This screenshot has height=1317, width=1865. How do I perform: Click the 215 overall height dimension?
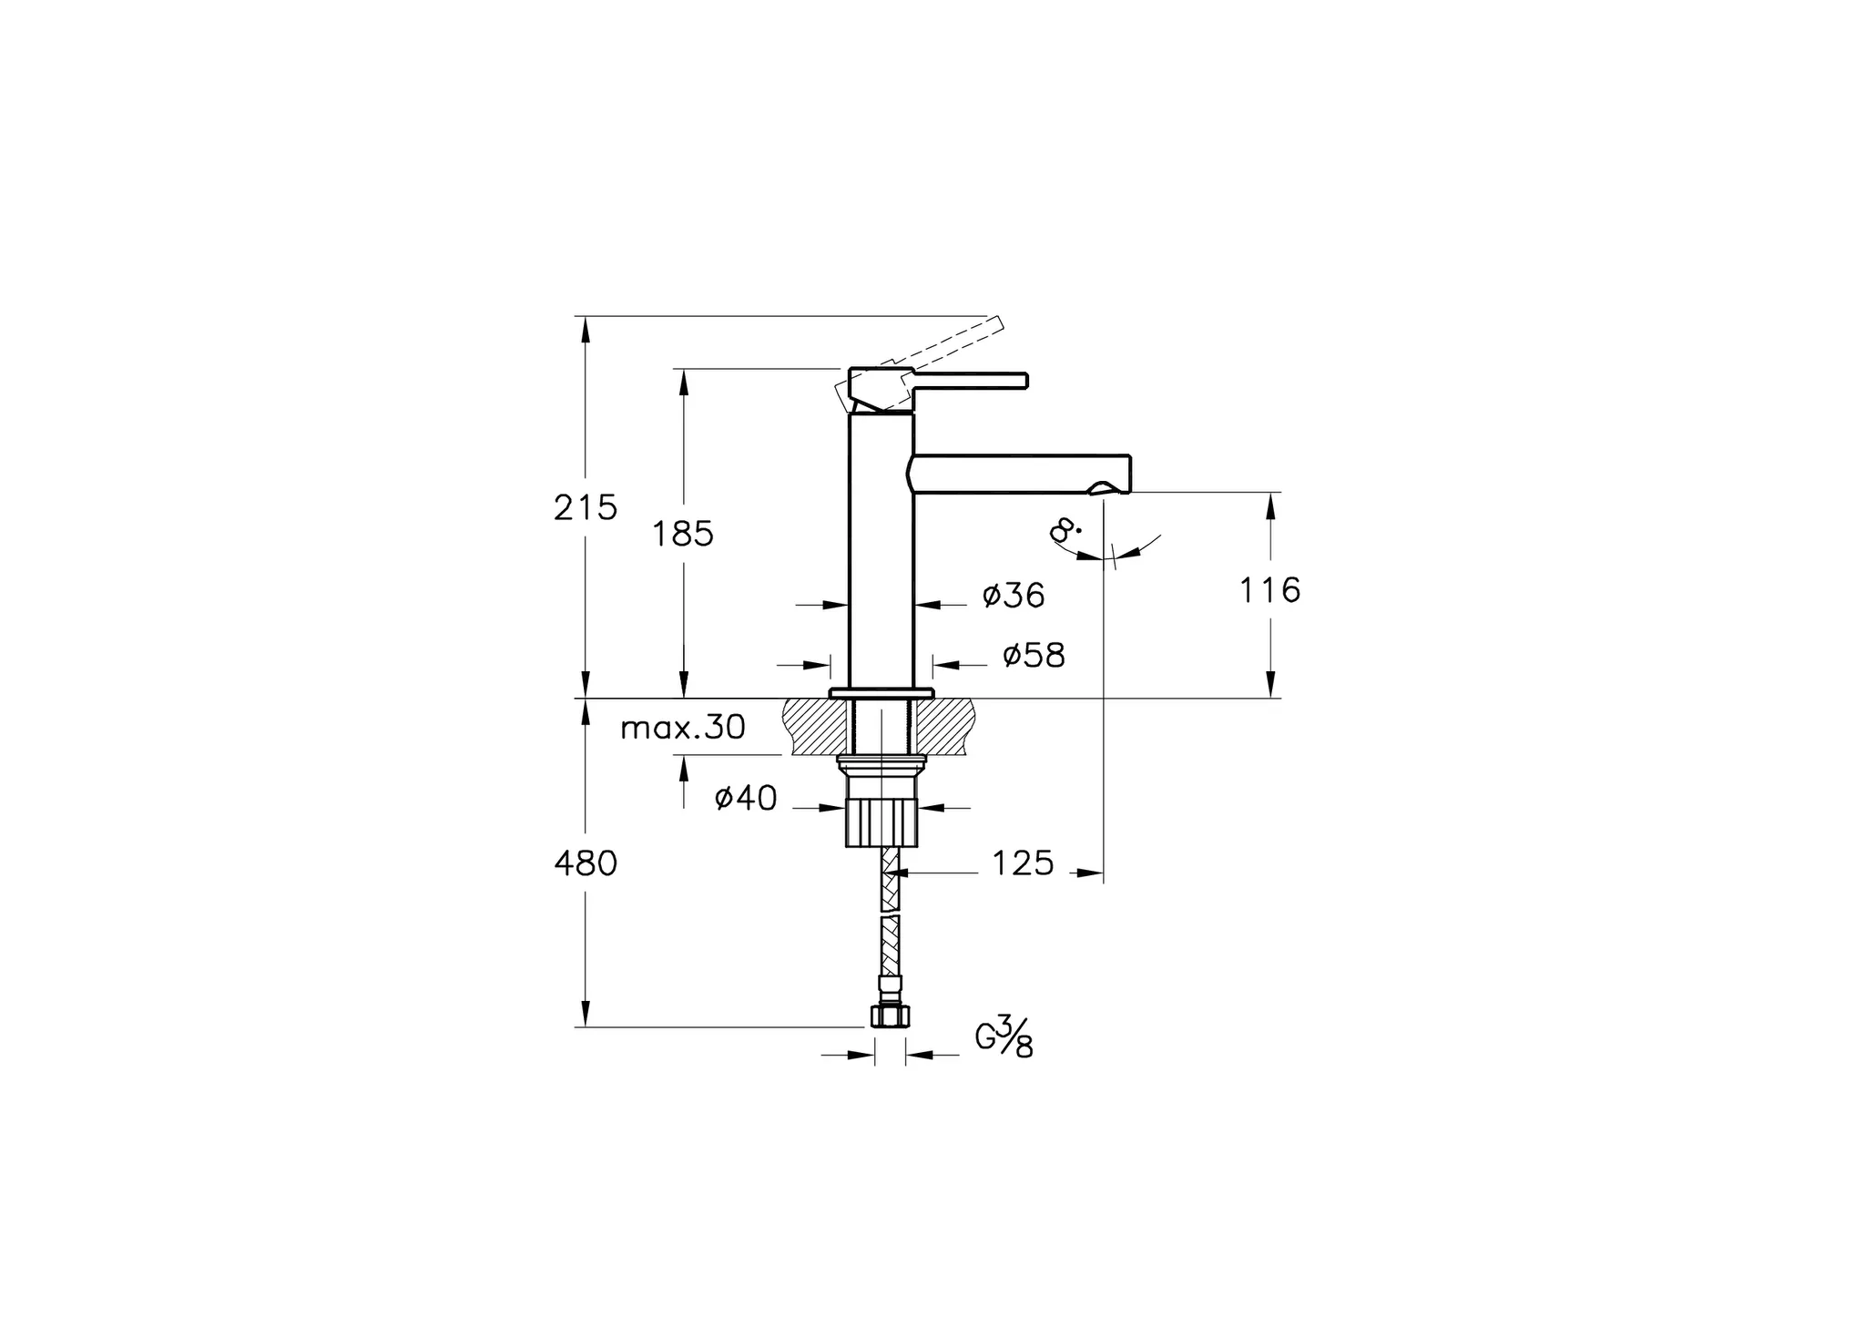coord(586,507)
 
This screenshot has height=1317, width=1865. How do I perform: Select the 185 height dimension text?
coord(683,535)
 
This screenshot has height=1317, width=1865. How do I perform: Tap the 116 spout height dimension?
coord(1270,591)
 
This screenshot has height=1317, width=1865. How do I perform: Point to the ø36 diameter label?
coord(1014,596)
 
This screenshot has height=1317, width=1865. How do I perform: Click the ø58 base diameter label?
coord(1034,655)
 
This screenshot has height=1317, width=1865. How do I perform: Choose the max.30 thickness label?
coord(683,728)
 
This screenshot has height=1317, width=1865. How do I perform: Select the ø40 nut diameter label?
coord(746,799)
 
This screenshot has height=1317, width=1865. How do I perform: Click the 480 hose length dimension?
coord(586,863)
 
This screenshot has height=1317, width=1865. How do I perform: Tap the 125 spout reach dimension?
coord(1022,863)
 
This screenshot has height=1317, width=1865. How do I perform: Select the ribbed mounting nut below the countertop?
coord(881,822)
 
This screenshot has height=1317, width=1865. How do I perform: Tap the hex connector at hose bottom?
coord(890,1016)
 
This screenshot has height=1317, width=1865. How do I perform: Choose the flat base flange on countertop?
coord(882,693)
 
